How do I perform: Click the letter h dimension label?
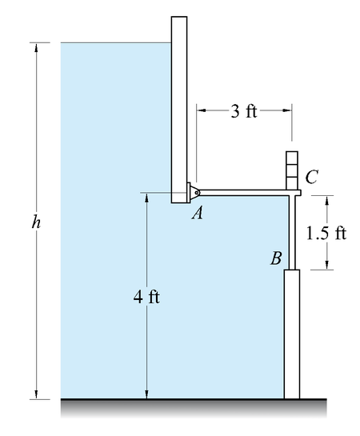point(36,222)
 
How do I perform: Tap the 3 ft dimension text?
point(244,111)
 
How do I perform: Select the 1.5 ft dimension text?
point(326,233)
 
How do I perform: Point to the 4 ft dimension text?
point(146,297)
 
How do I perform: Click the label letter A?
point(198,214)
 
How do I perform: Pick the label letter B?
point(276,258)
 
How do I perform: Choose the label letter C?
point(311,177)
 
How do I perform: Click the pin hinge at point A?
point(196,193)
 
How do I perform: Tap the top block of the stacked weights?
point(292,158)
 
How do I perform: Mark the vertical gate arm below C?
point(292,232)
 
